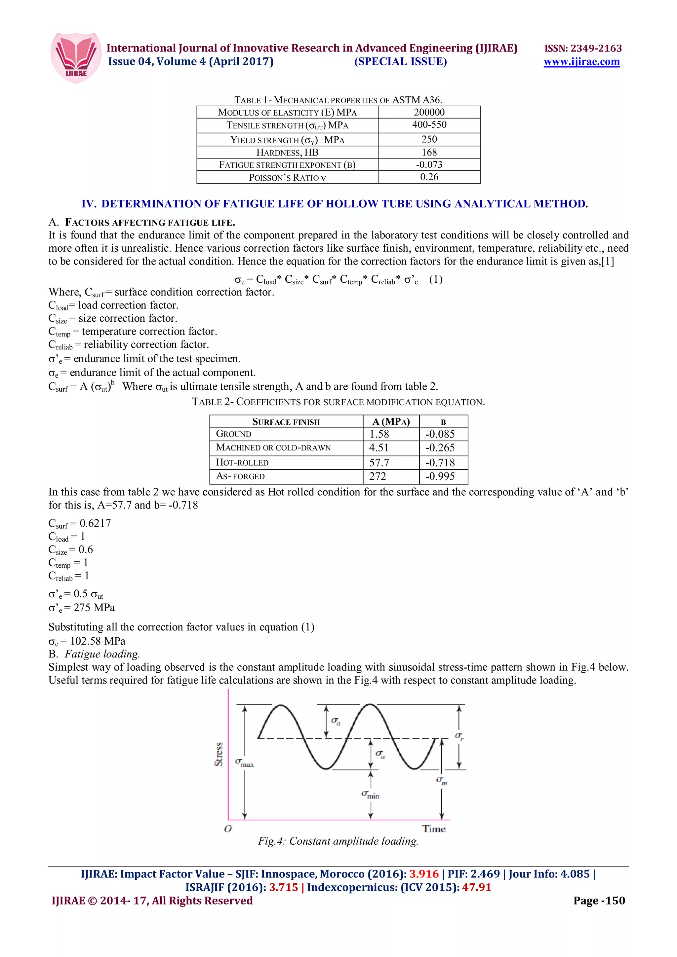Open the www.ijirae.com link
pyautogui.click(x=581, y=62)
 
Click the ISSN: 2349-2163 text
pyautogui.click(x=583, y=48)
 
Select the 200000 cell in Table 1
pyautogui.click(x=429, y=112)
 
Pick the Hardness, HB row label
pyautogui.click(x=287, y=152)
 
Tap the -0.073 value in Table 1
pyautogui.click(x=429, y=165)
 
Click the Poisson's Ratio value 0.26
pyautogui.click(x=429, y=177)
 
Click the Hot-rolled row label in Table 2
pyautogui.click(x=242, y=462)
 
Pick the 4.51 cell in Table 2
pyautogui.click(x=379, y=448)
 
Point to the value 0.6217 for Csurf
pyautogui.click(x=95, y=523)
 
